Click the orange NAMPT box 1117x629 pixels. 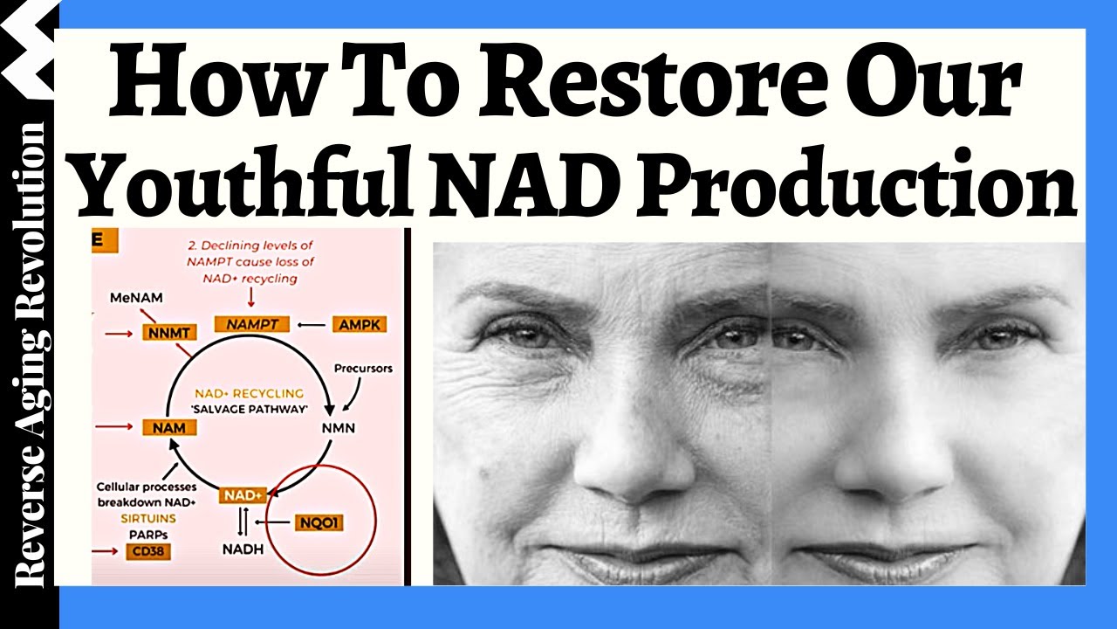tap(252, 324)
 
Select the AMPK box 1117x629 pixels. tap(359, 325)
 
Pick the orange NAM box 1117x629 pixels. tap(168, 427)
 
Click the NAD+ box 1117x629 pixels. tap(242, 495)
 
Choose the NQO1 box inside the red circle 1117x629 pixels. tap(319, 523)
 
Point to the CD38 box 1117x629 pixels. tap(147, 551)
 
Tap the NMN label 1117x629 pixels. tap(339, 428)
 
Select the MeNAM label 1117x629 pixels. tap(133, 299)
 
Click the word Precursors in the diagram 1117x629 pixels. tap(363, 369)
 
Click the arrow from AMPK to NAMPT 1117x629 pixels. tap(310, 325)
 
